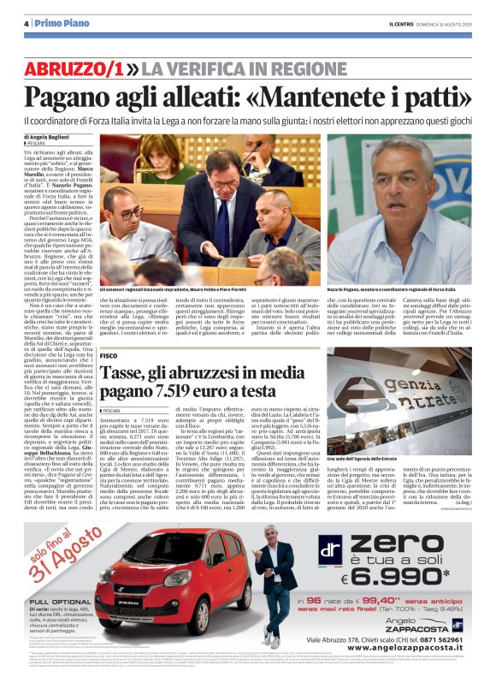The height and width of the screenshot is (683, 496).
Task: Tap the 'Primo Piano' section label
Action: [x=56, y=23]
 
